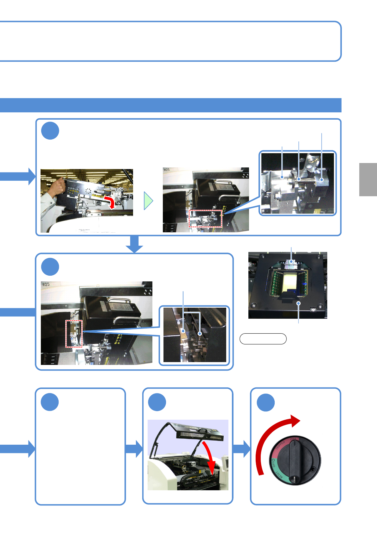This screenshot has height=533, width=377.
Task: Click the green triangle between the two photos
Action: tap(148, 201)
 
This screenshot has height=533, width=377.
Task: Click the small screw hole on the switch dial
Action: tap(313, 469)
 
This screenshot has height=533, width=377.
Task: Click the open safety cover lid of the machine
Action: tap(200, 435)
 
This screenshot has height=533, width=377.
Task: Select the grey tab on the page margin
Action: tap(368, 179)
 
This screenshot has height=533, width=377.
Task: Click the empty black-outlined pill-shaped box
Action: tap(263, 339)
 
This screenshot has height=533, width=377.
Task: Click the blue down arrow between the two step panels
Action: tap(135, 244)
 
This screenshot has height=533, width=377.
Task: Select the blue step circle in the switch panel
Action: tap(265, 403)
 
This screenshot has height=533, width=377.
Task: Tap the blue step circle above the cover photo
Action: tap(157, 402)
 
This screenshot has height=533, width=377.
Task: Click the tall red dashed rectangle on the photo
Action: tap(74, 334)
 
